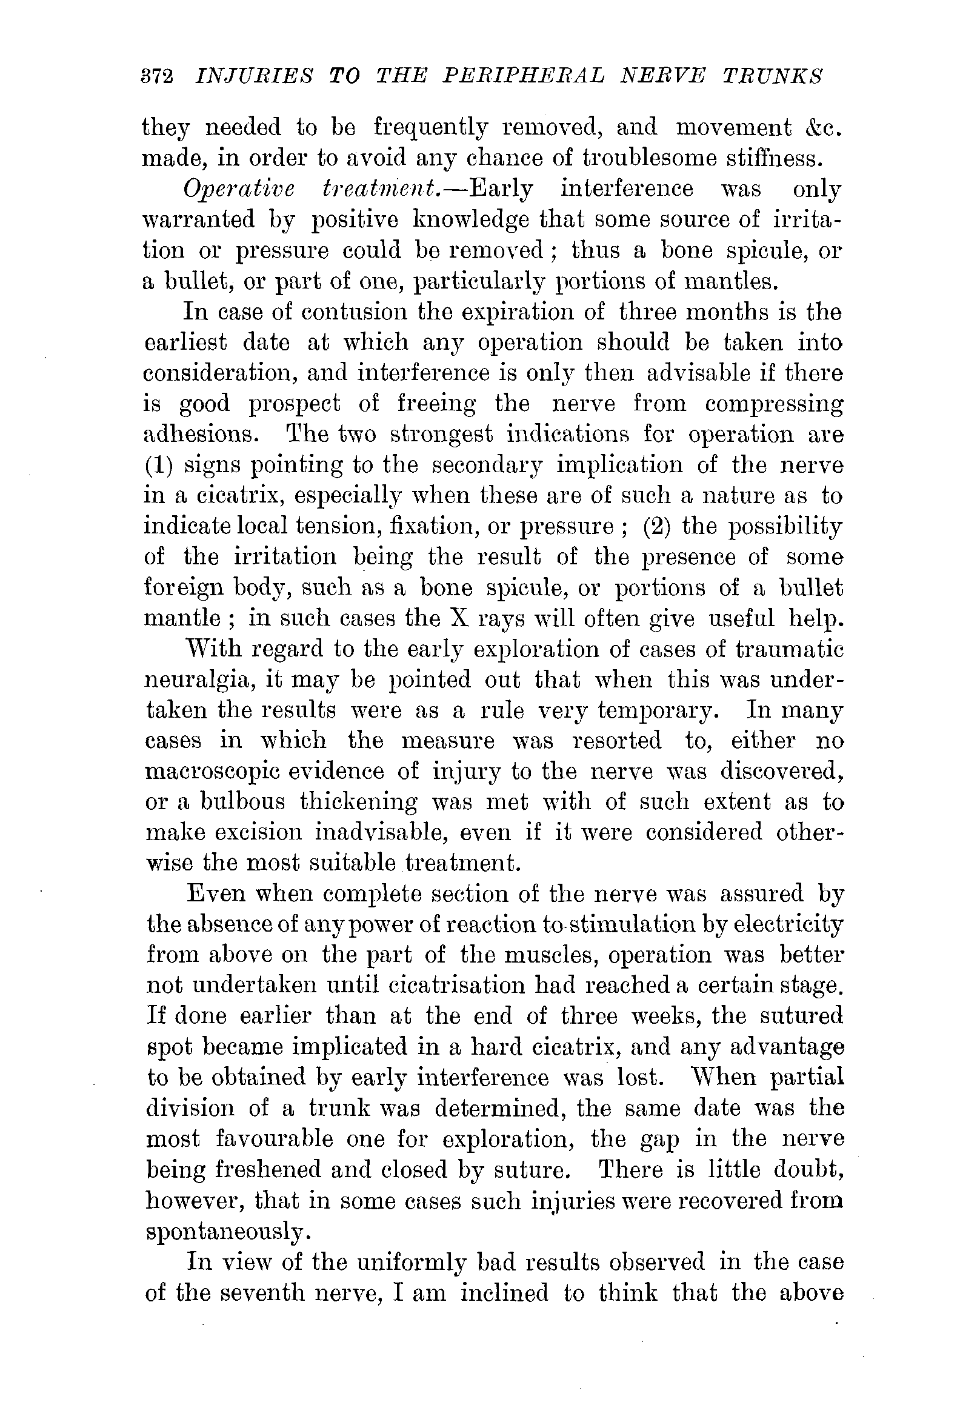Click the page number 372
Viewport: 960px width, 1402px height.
156,77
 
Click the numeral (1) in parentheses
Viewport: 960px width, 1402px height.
159,466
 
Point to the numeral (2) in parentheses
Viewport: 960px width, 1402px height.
657,526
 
